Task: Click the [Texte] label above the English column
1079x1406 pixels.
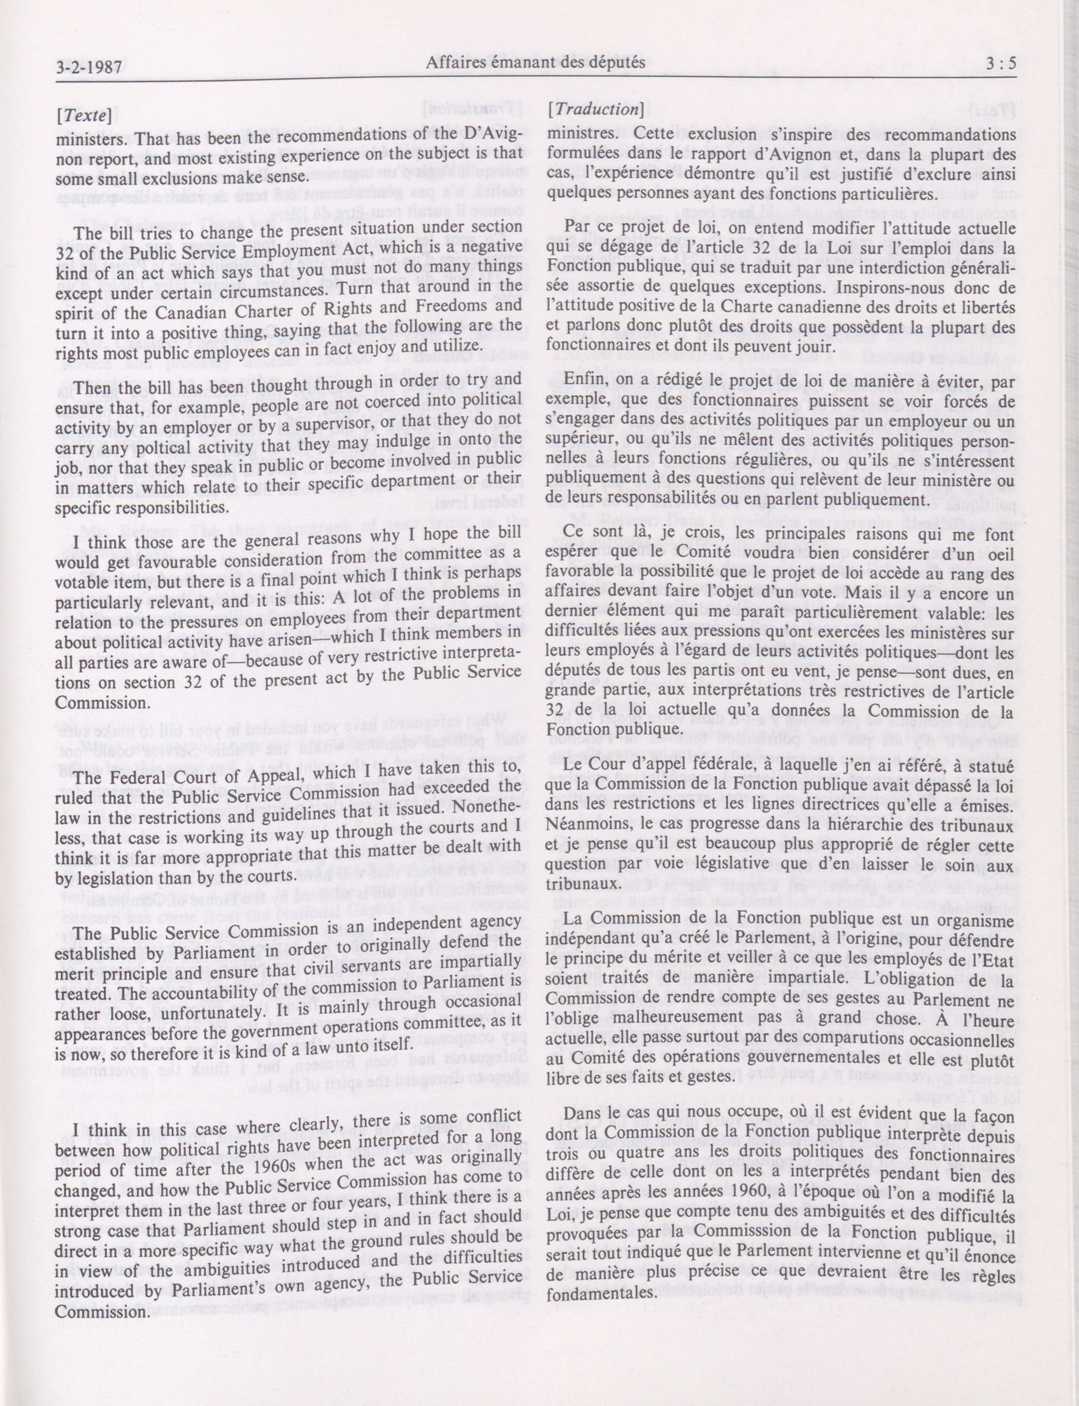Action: point(85,117)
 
